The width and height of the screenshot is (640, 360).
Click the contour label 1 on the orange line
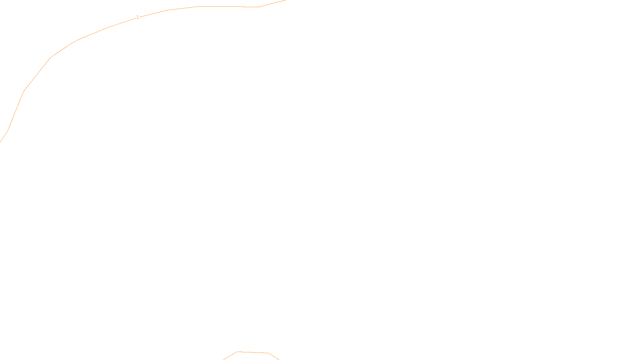138,17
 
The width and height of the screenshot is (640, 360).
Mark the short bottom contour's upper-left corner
237,352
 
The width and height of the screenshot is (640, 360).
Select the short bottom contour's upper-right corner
268,353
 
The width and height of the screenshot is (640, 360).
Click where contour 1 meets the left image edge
0,142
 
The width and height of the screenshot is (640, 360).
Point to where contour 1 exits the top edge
284,0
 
